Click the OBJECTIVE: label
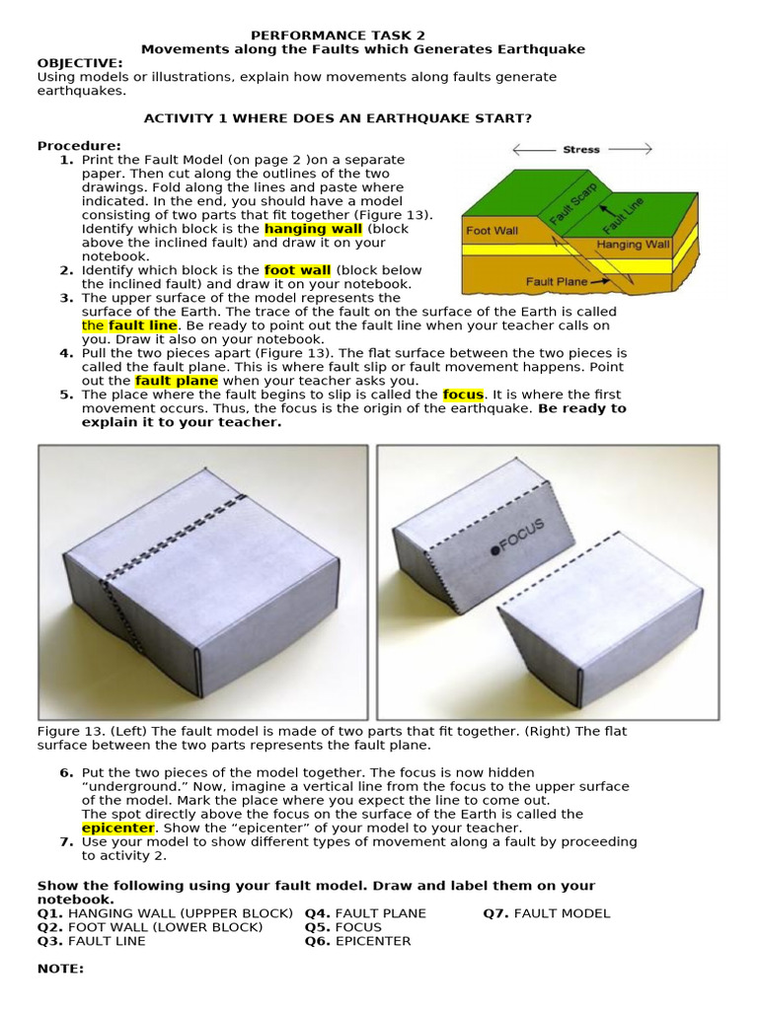coord(80,62)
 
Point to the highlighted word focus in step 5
coord(463,395)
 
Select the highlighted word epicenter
coord(117,829)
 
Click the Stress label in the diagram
coord(580,150)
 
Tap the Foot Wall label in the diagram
coord(492,231)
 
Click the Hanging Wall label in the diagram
coord(633,244)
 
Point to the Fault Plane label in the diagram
coord(558,281)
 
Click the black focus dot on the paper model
coord(494,548)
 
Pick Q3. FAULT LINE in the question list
coord(91,941)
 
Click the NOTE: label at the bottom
coord(60,969)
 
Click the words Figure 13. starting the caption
coord(67,731)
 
